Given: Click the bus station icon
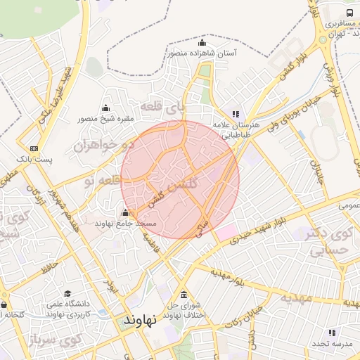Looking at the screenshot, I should click(x=350, y=13).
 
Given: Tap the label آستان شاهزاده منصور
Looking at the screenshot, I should click(x=202, y=53).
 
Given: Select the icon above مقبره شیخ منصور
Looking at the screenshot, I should click(x=105, y=108).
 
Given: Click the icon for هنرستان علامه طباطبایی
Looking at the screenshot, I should click(x=236, y=114).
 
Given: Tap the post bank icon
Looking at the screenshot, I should click(x=34, y=148).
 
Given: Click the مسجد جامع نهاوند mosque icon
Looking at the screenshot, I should click(x=125, y=212).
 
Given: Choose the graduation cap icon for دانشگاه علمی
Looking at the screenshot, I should click(x=67, y=294).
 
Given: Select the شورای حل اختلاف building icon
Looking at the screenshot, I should click(x=184, y=295).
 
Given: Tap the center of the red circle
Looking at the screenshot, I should click(x=180, y=179).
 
